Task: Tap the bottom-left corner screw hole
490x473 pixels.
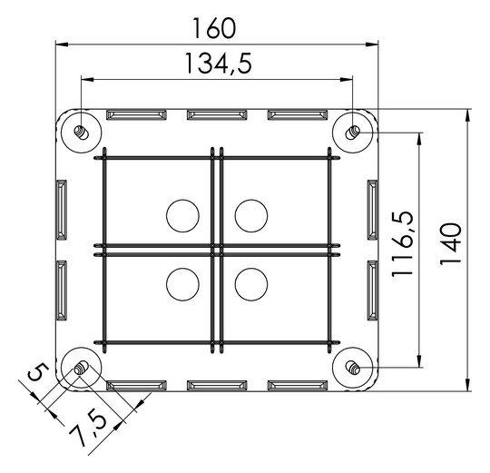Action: click(x=80, y=368)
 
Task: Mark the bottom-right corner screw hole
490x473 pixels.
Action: click(x=353, y=368)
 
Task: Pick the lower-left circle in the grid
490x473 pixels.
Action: click(x=182, y=284)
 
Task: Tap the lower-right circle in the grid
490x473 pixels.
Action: click(x=251, y=284)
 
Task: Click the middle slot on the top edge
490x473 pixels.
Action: click(x=217, y=115)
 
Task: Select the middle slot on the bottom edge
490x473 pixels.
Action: click(x=217, y=385)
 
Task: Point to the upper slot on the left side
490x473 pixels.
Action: click(x=62, y=210)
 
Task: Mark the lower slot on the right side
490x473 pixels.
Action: click(x=372, y=291)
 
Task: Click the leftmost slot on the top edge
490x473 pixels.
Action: click(x=137, y=115)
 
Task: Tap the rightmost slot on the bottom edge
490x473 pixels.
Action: click(x=297, y=385)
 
